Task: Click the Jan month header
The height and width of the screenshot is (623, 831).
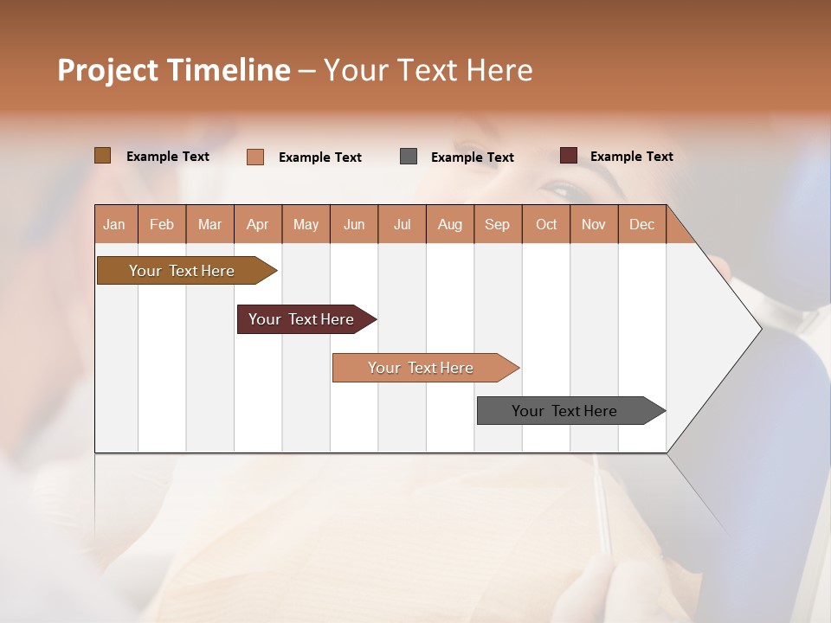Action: [x=114, y=225]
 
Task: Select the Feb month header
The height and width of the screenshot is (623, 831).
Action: [x=162, y=225]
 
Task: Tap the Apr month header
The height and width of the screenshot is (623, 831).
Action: [x=258, y=225]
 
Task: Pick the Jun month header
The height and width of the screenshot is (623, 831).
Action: [x=354, y=225]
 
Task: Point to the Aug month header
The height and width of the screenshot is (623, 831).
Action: [x=450, y=225]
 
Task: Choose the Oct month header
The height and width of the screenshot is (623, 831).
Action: [x=546, y=225]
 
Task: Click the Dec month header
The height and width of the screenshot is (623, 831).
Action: [x=642, y=225]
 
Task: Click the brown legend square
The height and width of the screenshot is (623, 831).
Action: [x=103, y=156]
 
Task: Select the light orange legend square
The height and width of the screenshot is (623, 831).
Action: [x=255, y=157]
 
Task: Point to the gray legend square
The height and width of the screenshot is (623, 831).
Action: [x=409, y=157]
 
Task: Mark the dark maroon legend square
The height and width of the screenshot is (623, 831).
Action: [x=569, y=156]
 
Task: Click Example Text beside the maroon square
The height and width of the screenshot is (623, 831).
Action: [x=631, y=157]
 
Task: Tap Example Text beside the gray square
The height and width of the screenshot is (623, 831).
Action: [x=472, y=157]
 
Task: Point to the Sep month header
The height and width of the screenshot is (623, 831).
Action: [x=498, y=225]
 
